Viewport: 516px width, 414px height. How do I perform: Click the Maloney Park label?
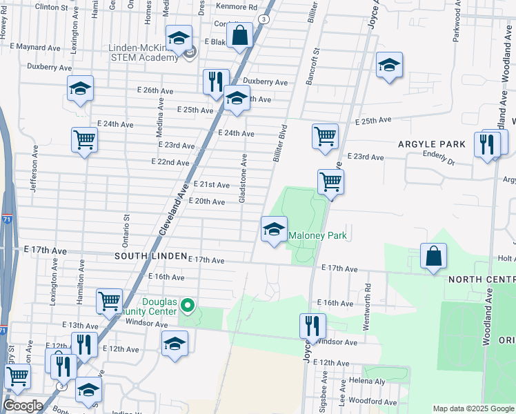click(x=317, y=236)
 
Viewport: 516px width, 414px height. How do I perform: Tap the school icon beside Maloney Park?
click(x=274, y=230)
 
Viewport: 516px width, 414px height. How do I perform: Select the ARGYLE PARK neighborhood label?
click(x=432, y=144)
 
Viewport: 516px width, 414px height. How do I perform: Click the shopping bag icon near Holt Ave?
click(x=433, y=257)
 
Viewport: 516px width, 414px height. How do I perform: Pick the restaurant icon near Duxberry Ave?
click(x=216, y=81)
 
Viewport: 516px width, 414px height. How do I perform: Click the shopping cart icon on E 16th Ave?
click(x=109, y=301)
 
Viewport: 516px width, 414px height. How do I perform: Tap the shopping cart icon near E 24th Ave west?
click(x=84, y=139)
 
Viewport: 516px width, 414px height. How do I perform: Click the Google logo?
click(x=22, y=406)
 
